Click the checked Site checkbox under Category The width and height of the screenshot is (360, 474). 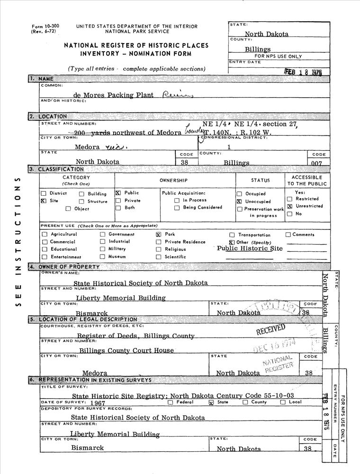point(44,201)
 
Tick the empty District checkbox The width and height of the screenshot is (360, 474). point(44,193)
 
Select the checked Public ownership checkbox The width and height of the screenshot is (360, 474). point(118,193)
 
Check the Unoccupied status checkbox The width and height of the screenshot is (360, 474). point(239,201)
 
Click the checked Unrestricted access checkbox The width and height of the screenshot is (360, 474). point(289,207)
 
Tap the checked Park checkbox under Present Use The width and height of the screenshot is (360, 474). point(159,234)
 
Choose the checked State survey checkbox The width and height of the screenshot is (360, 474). point(211,402)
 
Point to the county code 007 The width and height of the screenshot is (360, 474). point(317,163)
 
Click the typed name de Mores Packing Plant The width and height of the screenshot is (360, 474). point(114,95)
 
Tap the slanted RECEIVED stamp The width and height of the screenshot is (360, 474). point(271,330)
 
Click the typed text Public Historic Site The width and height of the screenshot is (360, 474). point(249,248)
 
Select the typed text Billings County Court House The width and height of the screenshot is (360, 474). point(126,351)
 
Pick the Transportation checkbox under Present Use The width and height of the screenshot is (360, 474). point(232,235)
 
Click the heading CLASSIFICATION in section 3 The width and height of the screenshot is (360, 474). point(61,169)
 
